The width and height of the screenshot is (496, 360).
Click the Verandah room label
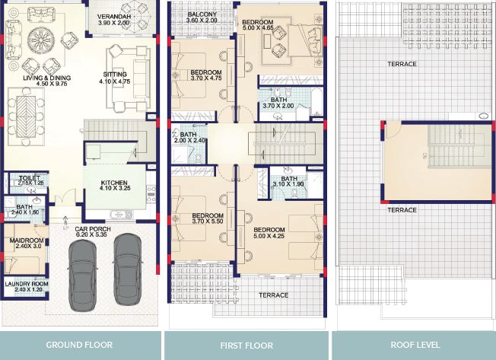click(113, 20)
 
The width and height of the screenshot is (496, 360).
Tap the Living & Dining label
click(47, 81)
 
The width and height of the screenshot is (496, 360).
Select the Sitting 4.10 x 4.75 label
click(115, 78)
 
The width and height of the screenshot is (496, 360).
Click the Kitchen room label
click(114, 186)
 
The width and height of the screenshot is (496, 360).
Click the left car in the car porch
click(82, 276)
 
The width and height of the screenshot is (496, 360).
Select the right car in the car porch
click(128, 269)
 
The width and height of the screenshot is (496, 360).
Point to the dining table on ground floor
click(27, 116)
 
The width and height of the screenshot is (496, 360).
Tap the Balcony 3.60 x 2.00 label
click(202, 18)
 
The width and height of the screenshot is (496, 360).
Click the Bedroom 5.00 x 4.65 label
click(258, 25)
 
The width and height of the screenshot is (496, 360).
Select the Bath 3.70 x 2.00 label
click(278, 103)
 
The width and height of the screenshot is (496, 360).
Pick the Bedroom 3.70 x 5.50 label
click(208, 218)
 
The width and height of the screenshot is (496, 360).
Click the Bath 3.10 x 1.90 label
click(288, 182)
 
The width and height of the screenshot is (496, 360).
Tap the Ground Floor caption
click(79, 345)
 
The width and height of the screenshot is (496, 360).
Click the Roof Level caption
click(415, 345)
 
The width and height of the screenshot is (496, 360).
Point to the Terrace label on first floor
click(274, 295)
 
